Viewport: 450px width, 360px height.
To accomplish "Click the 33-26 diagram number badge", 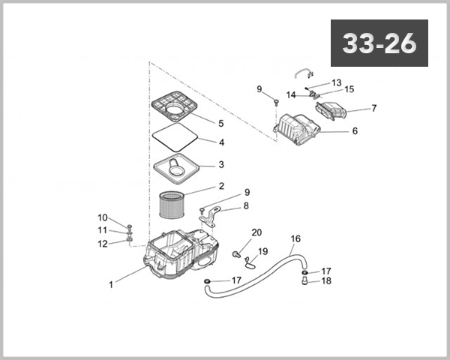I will click(x=379, y=43).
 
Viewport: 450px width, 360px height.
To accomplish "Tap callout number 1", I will click(x=112, y=284).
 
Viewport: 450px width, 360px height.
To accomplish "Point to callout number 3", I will click(x=221, y=164).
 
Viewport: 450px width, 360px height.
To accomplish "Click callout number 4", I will click(x=221, y=142).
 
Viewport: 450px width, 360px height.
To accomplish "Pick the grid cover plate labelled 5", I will click(x=178, y=107).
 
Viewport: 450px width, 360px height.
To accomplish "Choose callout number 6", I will click(x=355, y=131).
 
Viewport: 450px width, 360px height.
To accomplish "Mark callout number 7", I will click(x=373, y=108).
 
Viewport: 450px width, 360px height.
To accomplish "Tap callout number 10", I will click(x=103, y=218).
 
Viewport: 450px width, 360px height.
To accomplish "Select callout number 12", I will click(x=103, y=244).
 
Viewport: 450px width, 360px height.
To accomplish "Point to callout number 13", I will click(x=336, y=82).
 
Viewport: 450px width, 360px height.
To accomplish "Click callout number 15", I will click(x=349, y=88).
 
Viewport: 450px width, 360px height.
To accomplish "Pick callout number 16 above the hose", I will click(x=295, y=238).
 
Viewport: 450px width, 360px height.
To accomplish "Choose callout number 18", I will click(x=326, y=281).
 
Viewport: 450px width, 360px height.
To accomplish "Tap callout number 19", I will click(x=262, y=251).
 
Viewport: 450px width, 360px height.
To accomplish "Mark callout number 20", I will click(x=256, y=232).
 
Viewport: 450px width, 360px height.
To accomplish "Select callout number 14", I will click(x=290, y=94).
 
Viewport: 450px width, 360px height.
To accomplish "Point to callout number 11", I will click(x=103, y=230).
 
